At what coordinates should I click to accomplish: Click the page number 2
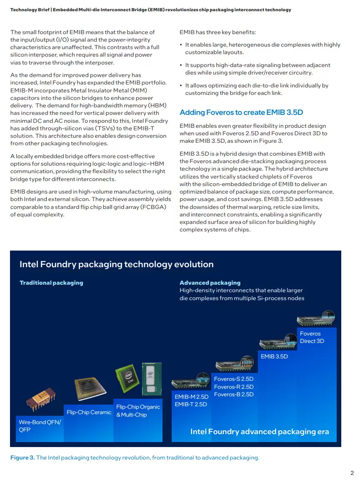352,473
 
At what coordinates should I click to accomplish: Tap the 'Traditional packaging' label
51,283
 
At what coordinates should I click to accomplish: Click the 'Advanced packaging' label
210,283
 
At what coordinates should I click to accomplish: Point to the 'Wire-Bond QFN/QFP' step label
40,426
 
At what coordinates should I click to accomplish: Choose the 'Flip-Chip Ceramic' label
89,412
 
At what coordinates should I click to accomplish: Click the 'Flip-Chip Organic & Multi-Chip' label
138,411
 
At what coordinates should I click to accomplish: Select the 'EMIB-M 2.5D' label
191,397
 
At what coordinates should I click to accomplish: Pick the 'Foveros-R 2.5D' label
233,387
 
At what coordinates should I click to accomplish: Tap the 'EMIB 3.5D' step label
274,357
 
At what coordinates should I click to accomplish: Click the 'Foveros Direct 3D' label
312,337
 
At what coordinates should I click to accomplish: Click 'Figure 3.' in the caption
22,458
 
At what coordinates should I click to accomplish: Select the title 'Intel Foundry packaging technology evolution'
117,264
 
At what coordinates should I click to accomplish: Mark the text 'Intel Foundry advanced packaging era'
260,432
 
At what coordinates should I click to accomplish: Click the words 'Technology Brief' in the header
27,10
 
